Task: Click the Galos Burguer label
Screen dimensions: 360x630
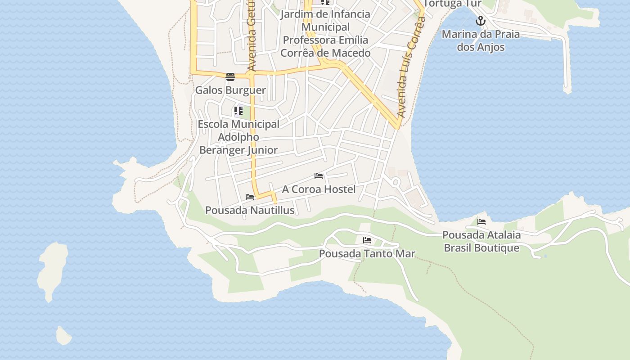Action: click(230, 90)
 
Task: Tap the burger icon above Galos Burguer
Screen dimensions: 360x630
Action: click(230, 76)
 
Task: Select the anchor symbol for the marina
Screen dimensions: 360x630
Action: click(481, 21)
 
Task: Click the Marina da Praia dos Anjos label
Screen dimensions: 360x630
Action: click(481, 40)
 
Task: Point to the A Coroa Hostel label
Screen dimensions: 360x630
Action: click(319, 189)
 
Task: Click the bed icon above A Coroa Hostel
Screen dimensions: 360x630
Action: click(319, 176)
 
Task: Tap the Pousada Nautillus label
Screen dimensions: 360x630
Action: click(250, 210)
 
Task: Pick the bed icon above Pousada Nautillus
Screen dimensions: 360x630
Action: click(250, 197)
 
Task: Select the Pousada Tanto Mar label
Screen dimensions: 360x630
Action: click(367, 253)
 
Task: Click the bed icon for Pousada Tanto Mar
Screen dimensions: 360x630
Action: click(367, 240)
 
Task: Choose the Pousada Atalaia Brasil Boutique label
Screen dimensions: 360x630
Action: click(481, 241)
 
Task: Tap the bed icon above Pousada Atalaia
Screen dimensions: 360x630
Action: click(481, 221)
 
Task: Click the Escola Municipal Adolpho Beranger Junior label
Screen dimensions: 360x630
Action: click(238, 137)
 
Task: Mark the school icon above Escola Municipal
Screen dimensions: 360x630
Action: click(238, 110)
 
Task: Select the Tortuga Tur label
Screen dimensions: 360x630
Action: click(452, 4)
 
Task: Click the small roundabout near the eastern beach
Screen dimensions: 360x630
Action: click(396, 182)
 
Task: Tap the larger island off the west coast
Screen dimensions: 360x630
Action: click(53, 270)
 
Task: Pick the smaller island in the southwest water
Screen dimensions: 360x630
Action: click(63, 336)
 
